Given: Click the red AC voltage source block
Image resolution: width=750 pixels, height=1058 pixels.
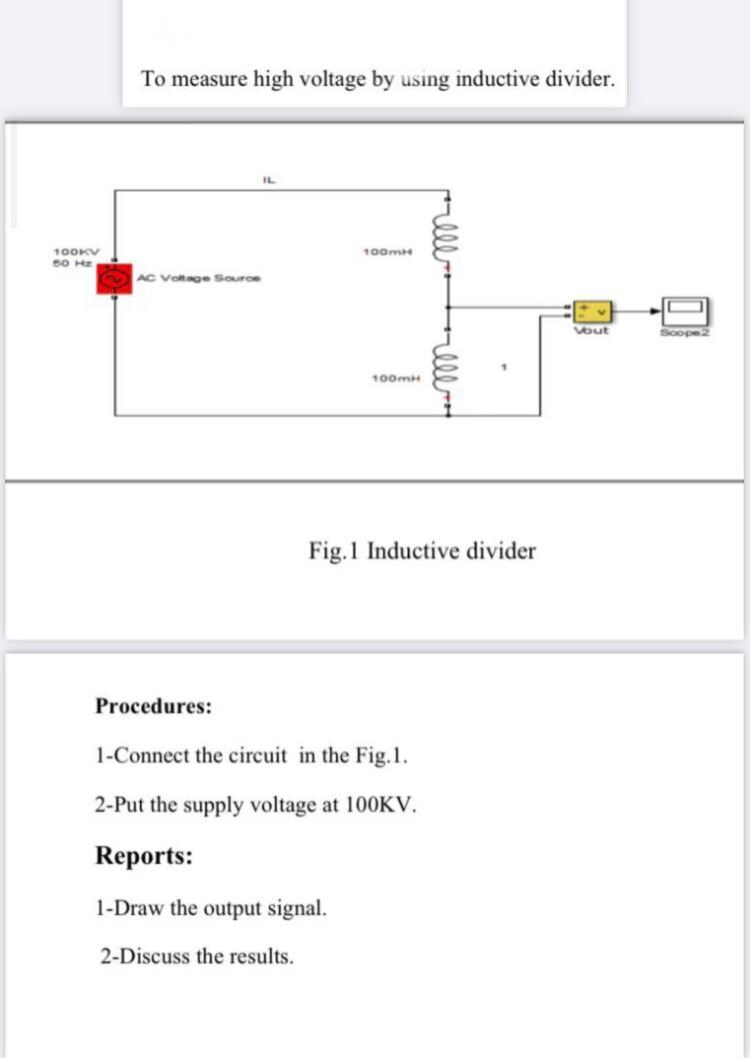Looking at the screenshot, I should click(113, 279).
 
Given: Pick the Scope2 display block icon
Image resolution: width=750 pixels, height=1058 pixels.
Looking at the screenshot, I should click(687, 310).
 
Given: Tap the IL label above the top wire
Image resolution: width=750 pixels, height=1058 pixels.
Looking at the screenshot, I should click(268, 180).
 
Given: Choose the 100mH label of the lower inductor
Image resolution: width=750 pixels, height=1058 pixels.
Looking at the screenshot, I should click(391, 380).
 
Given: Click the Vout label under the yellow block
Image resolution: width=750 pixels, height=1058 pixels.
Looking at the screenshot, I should click(592, 330).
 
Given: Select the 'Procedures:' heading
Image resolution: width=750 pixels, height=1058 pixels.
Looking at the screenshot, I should click(153, 706).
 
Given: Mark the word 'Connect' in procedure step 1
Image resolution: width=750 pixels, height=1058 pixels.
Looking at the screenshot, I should click(151, 754).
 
